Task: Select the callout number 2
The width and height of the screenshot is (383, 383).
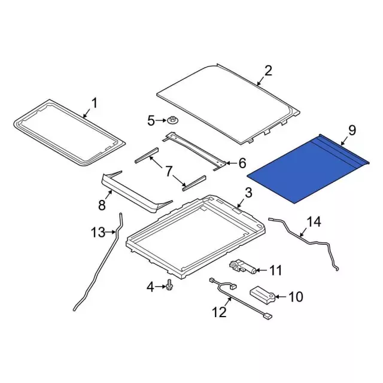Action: pos(268,71)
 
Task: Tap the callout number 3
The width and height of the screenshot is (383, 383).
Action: pos(248,193)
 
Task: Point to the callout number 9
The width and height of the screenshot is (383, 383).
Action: pos(352,129)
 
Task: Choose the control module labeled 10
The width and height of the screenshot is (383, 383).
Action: pos(262,293)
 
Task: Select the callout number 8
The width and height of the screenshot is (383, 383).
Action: pos(102,205)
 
